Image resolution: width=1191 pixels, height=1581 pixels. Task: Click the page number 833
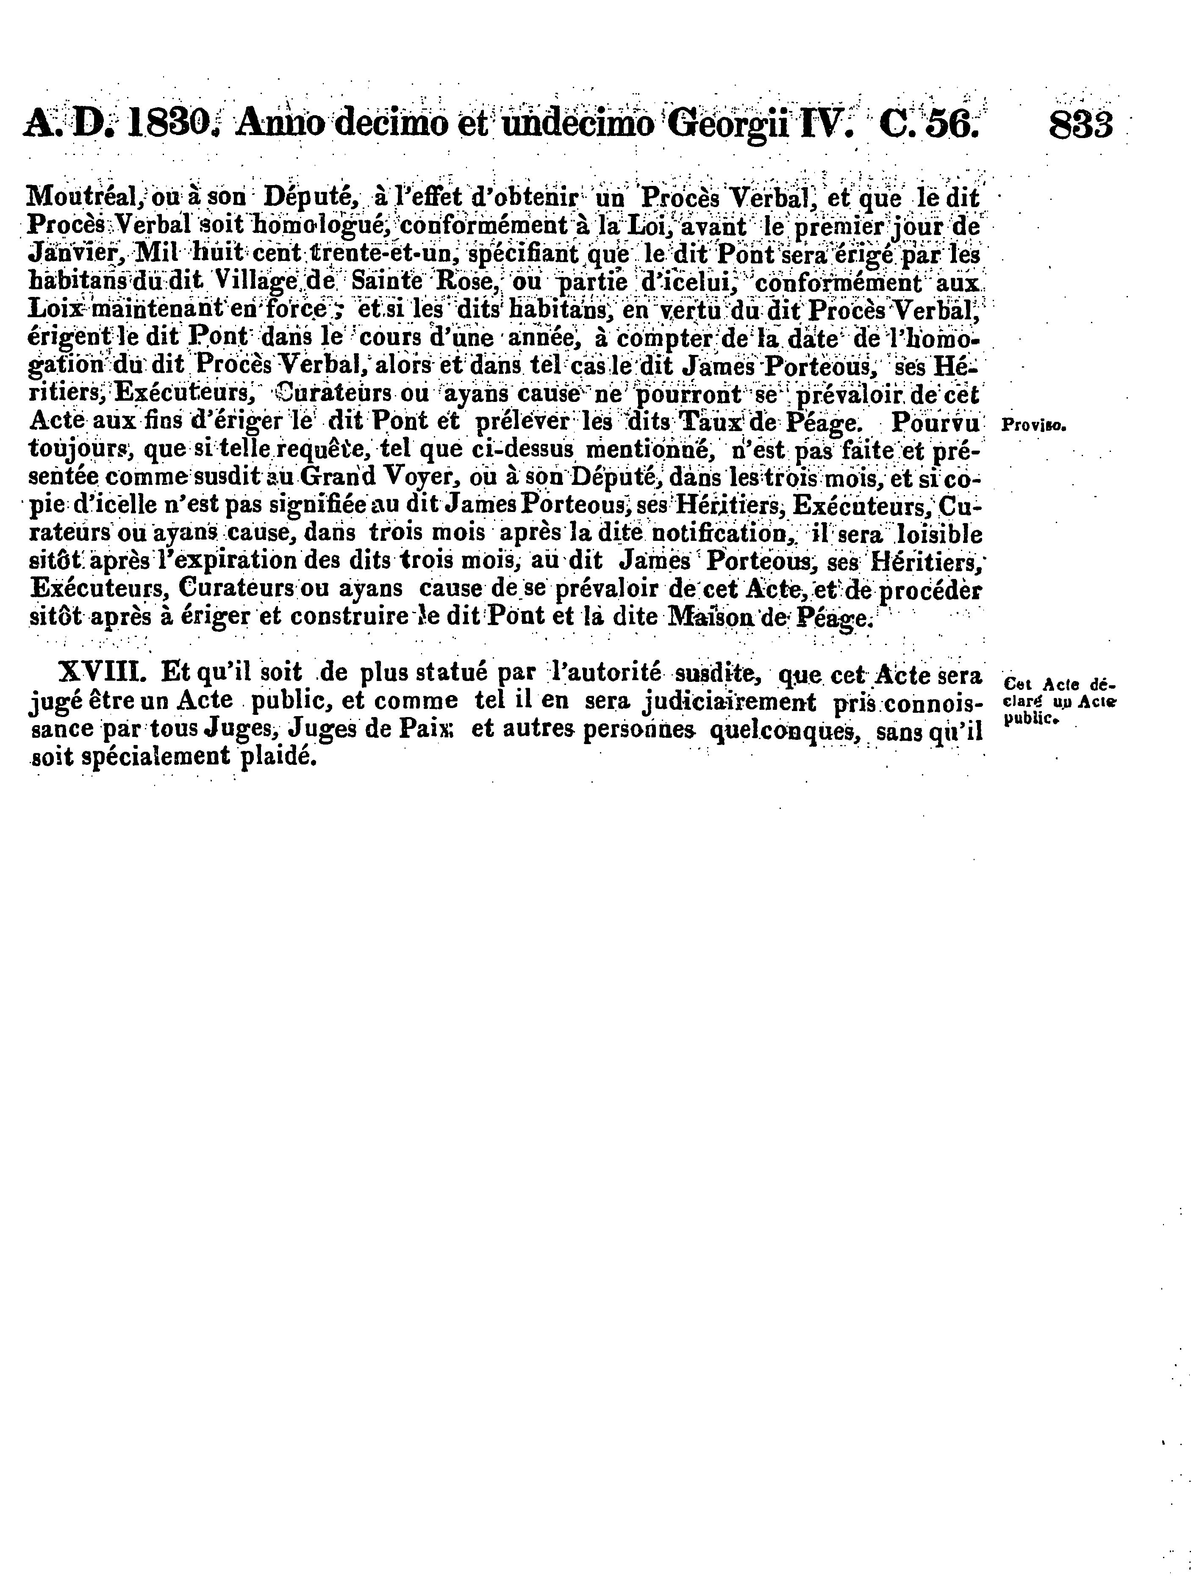[1080, 125]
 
